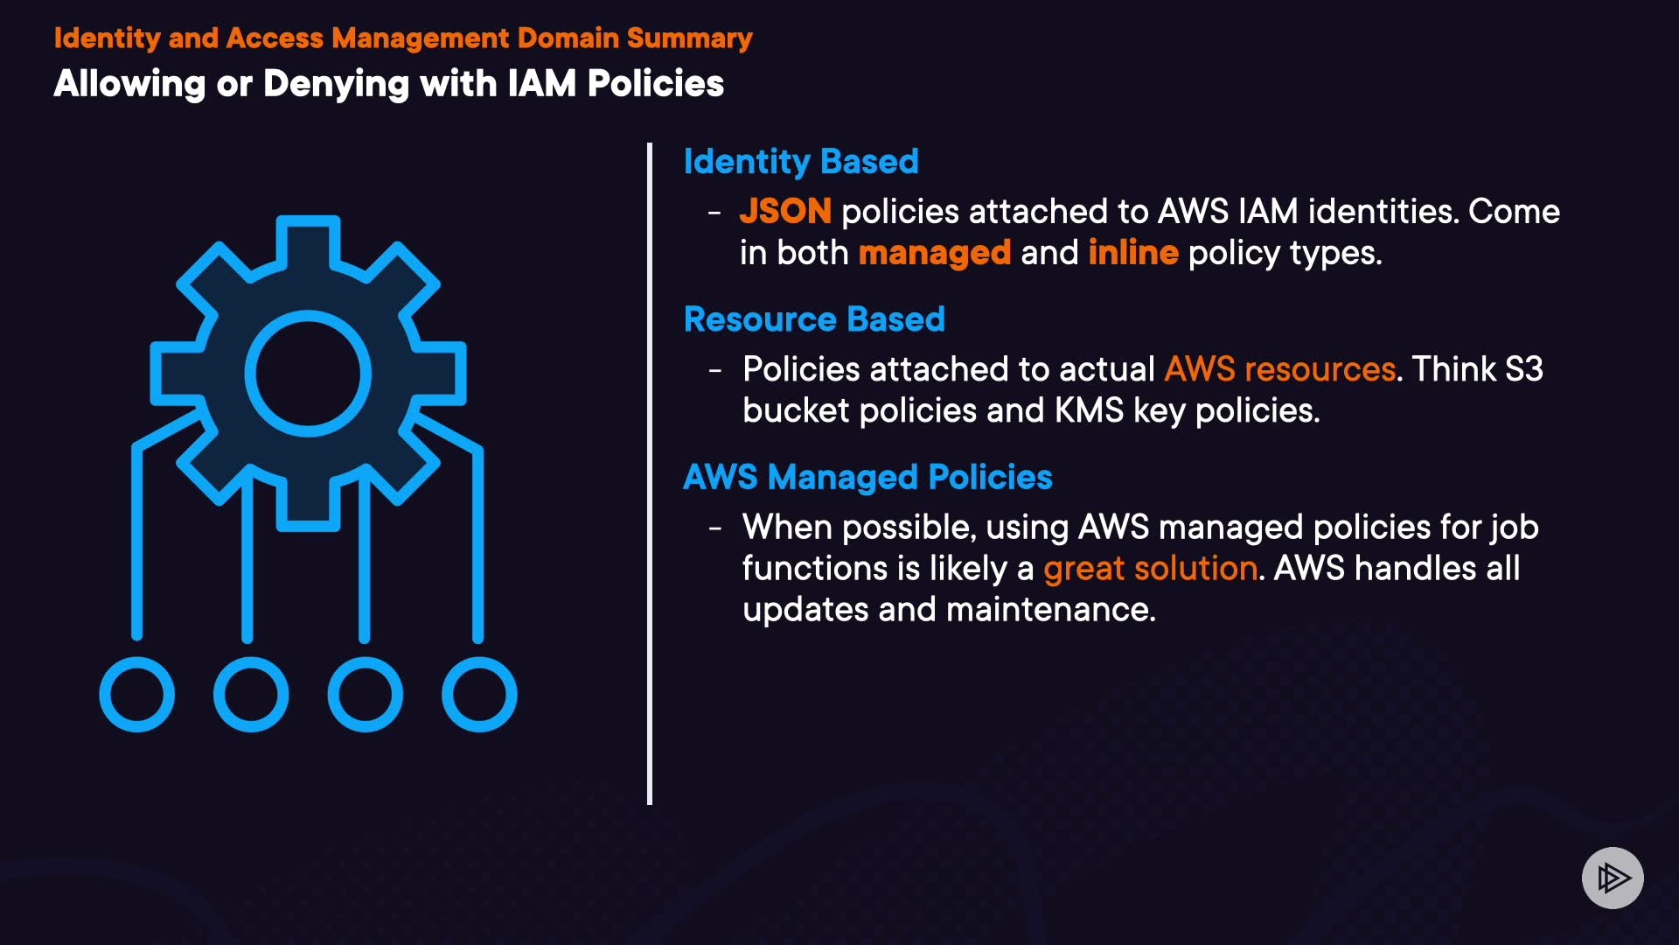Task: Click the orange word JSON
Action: (785, 211)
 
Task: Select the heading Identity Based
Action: (801, 162)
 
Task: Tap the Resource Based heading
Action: (814, 319)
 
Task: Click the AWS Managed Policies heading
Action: (867, 478)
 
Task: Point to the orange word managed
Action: (935, 254)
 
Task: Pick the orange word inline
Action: (1133, 252)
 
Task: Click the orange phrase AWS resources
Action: (1280, 369)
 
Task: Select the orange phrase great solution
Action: (1151, 569)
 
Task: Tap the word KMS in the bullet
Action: (1089, 410)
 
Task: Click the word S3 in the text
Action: (1524, 369)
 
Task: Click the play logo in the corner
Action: (1613, 878)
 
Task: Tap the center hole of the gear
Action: (308, 374)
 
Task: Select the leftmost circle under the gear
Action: (137, 695)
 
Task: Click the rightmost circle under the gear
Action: (479, 695)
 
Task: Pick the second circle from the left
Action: (251, 695)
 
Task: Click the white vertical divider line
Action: (650, 473)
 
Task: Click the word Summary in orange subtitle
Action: (689, 38)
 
